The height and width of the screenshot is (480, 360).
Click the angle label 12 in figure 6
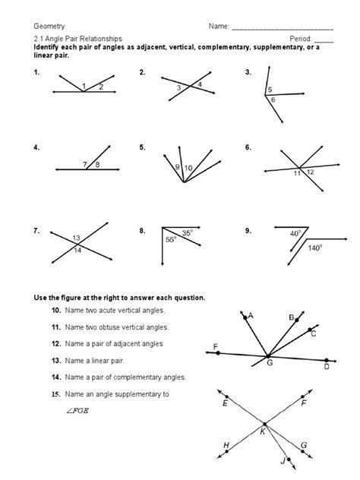coord(311,172)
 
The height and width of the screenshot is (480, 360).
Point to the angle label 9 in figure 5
coord(177,166)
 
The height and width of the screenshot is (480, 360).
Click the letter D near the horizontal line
coord(327,368)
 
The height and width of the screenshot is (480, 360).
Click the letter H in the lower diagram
coord(226,446)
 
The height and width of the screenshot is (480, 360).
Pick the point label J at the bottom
coord(283,460)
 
